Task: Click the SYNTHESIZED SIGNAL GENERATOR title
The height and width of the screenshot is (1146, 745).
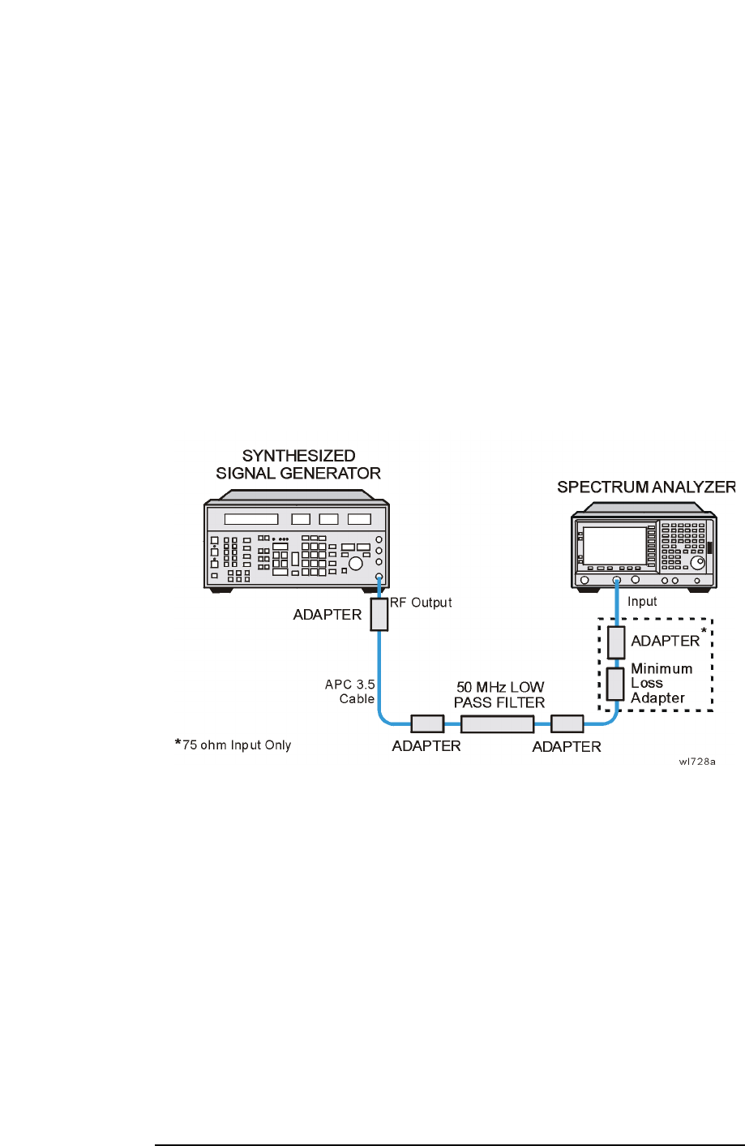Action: coord(298,464)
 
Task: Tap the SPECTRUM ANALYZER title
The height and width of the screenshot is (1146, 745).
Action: coord(646,487)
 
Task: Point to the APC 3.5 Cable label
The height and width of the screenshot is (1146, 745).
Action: coord(350,692)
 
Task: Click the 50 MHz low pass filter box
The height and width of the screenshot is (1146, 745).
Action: coord(498,723)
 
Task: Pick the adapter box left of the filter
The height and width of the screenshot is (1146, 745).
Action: coord(427,723)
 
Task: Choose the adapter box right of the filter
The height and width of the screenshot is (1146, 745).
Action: coord(567,723)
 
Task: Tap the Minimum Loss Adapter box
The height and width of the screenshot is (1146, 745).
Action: coord(616,684)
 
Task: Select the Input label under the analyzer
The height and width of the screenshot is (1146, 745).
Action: coord(642,602)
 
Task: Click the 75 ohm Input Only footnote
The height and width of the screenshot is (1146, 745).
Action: coord(233,745)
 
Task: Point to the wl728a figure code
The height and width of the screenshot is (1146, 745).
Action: coord(698,762)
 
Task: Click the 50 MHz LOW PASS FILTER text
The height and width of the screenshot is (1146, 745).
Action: coord(499,695)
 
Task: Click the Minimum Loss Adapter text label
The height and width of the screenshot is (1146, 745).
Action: coord(662,684)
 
